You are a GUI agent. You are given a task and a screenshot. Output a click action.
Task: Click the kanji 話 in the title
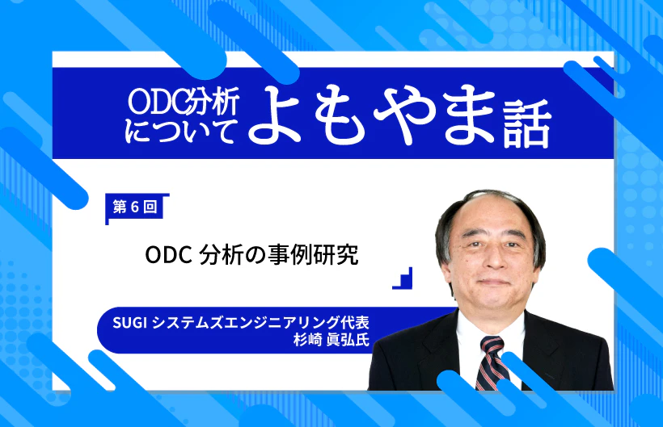(527, 123)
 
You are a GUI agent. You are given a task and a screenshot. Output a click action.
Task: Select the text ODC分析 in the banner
(184, 101)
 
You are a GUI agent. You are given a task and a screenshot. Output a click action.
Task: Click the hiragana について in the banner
(180, 131)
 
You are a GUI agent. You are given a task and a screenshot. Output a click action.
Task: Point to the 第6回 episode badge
(135, 207)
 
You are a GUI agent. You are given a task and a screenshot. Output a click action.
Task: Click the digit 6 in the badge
(135, 207)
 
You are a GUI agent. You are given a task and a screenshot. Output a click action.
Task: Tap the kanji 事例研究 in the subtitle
(313, 254)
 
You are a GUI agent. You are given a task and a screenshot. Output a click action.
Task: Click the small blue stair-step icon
(402, 278)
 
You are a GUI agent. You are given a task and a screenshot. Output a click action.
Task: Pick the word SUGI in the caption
(130, 323)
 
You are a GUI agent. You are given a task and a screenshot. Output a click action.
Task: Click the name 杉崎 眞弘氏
(331, 340)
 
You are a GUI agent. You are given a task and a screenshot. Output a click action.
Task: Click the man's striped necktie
(492, 362)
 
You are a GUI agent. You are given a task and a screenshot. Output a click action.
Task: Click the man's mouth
(492, 283)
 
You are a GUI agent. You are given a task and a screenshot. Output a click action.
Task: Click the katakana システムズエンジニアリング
(245, 323)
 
